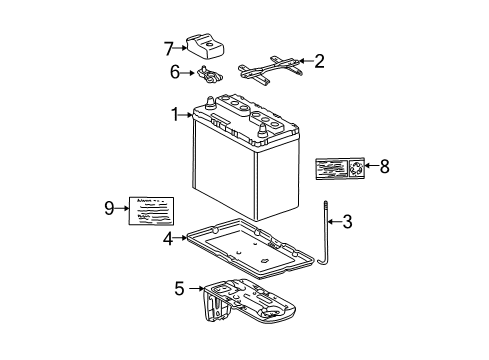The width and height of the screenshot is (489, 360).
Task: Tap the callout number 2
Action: [x=319, y=62]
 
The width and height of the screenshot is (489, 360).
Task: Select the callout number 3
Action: [x=347, y=222]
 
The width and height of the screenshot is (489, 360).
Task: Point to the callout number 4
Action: [x=169, y=238]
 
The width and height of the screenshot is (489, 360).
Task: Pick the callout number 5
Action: [x=179, y=290]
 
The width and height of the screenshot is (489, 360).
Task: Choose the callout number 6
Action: [x=174, y=73]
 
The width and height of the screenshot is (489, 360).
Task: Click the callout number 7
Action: [x=169, y=45]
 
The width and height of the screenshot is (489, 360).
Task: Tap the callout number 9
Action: [x=109, y=208]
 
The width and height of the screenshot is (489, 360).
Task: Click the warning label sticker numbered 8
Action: [x=339, y=167]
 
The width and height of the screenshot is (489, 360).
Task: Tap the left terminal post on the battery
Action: [x=211, y=103]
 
